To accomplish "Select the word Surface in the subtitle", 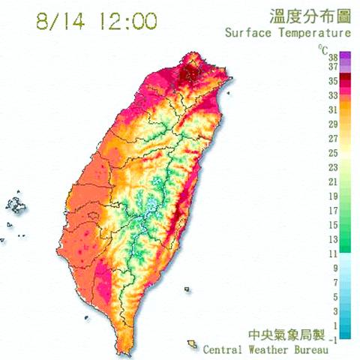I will (x=247, y=33).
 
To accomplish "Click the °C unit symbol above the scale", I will (x=322, y=49).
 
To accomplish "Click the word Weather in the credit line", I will (x=283, y=349).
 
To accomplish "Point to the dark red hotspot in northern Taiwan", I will (x=188, y=73).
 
